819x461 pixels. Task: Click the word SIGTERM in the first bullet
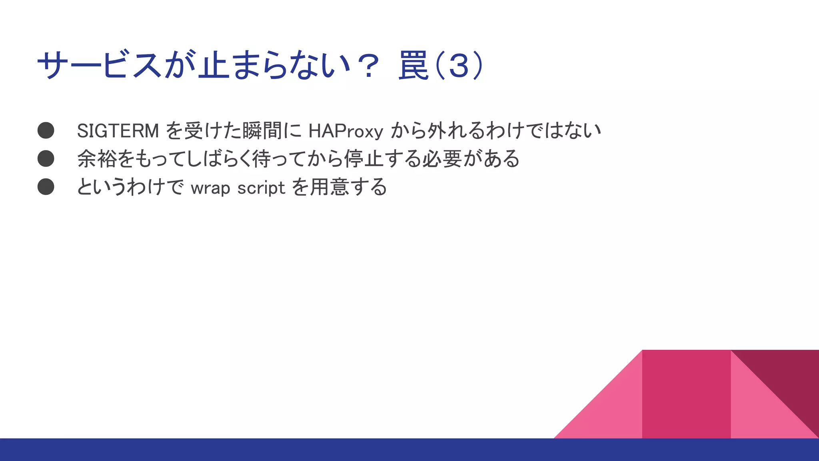click(x=118, y=131)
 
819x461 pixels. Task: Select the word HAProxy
click(x=346, y=131)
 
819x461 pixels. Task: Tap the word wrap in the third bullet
click(x=210, y=188)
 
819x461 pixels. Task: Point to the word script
click(x=261, y=188)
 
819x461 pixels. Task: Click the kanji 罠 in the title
click(x=413, y=65)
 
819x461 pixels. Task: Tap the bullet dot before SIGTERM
click(x=46, y=130)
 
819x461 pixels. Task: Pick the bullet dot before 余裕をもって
click(x=46, y=158)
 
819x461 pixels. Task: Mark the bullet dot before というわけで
click(x=46, y=186)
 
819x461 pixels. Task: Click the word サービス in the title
click(x=100, y=65)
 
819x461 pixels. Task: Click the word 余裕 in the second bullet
click(x=97, y=158)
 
